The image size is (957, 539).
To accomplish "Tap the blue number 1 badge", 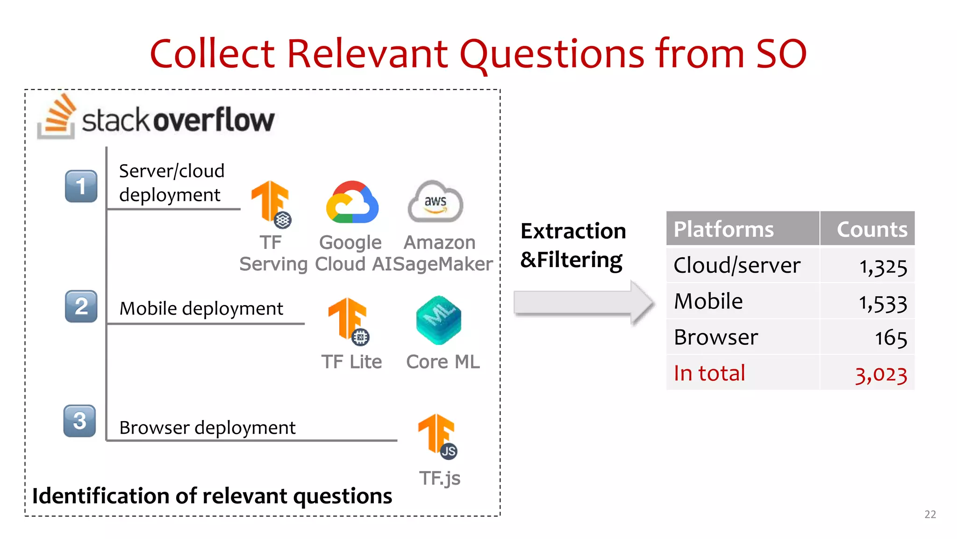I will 81,186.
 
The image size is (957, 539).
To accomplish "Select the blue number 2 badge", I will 81,306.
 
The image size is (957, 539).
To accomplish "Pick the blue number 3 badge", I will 80,421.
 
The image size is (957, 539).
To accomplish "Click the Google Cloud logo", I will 352,203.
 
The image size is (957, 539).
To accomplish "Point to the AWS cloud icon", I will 436,202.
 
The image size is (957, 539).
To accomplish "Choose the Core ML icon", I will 438,320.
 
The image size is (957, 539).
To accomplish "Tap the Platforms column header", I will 724,229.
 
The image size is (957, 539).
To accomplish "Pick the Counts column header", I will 871,229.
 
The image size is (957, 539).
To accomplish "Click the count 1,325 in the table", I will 883,267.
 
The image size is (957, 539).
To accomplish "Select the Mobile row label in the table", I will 708,301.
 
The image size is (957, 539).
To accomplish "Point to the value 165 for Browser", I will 891,338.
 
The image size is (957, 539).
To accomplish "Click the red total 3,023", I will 881,374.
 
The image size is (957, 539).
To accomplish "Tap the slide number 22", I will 930,514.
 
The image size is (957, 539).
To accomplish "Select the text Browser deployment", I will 207,428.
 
